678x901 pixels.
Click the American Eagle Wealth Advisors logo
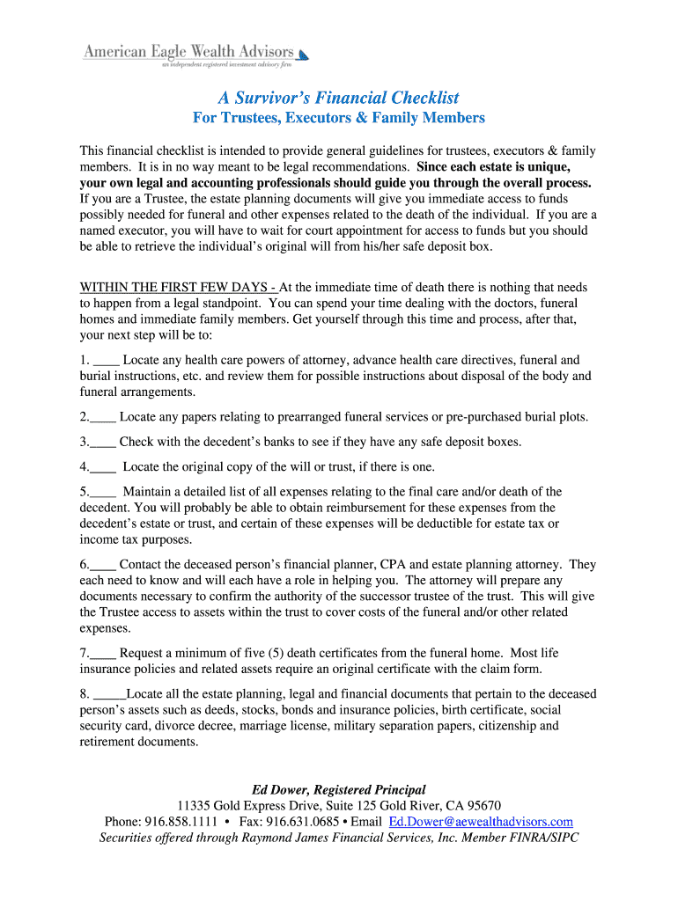pos(195,55)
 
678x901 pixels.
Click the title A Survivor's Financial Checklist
pos(339,97)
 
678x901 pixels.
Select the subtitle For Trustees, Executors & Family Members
pos(339,118)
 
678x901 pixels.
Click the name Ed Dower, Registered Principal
pos(339,789)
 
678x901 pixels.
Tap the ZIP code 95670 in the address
pos(483,805)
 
